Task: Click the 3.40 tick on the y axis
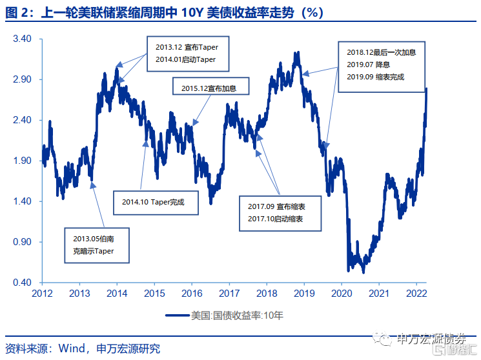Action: [x=22, y=39]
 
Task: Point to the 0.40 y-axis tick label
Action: [x=22, y=283]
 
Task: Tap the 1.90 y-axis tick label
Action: [x=22, y=161]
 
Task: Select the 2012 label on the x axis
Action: [x=42, y=293]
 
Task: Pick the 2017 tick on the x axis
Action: [x=229, y=293]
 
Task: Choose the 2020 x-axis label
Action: [x=341, y=293]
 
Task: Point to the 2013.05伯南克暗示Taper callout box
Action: [x=97, y=245]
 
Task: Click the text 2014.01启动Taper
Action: [x=185, y=59]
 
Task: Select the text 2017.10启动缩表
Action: [x=276, y=219]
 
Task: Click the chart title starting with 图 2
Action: [x=162, y=13]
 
